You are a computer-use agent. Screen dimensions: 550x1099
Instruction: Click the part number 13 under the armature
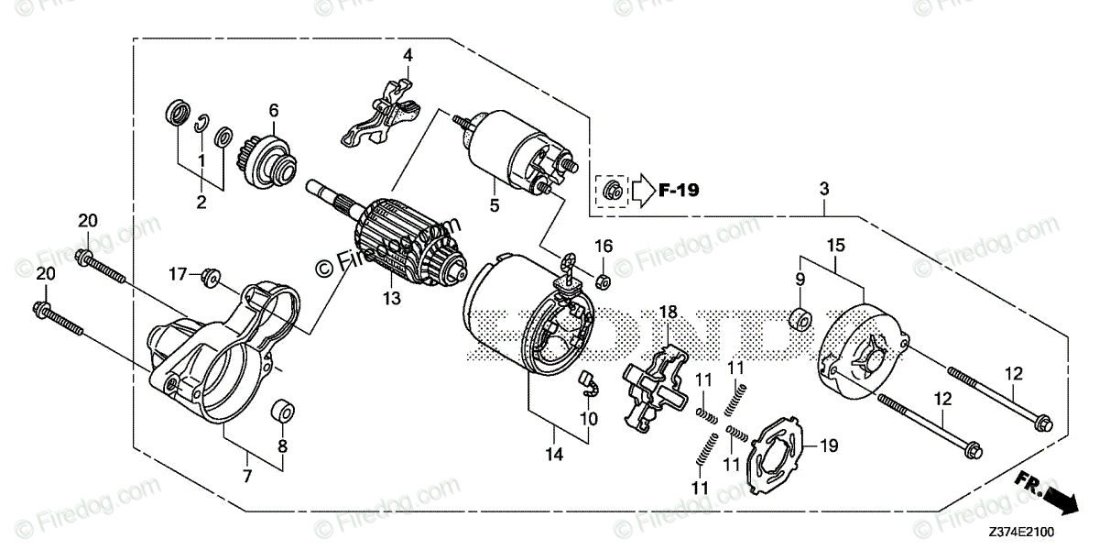click(x=392, y=298)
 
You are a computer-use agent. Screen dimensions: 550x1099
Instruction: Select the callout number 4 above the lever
click(x=408, y=56)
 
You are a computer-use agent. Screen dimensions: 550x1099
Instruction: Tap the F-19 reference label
click(x=679, y=192)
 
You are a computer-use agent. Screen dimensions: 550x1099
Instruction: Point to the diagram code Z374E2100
click(x=1045, y=532)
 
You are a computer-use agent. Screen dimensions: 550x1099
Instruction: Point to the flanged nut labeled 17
click(x=210, y=274)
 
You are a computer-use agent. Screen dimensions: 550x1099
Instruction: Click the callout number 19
click(x=828, y=447)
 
